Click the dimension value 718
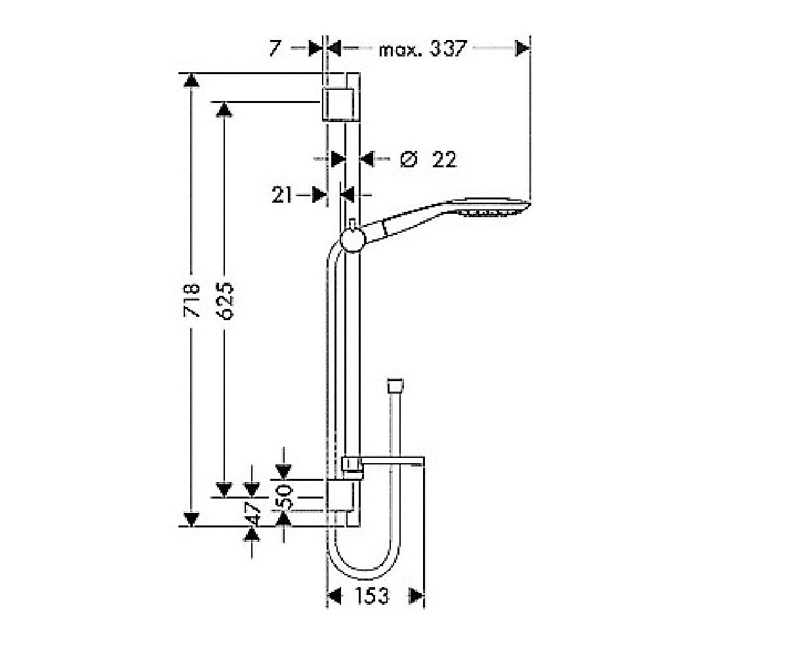coord(192,300)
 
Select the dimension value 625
coord(225,300)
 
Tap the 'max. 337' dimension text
coord(423,49)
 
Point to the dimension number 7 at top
coord(275,49)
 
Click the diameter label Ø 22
coord(428,159)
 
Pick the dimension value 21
coord(281,195)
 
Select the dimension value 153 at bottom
coord(371,596)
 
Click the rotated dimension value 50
coord(285,497)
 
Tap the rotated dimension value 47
coord(252,513)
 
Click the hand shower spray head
coord(490,207)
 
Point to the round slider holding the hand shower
coord(353,239)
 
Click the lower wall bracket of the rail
coord(339,496)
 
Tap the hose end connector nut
coord(395,385)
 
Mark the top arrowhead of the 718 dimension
coord(192,80)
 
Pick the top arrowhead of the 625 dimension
coord(225,110)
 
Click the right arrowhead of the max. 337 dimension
coord(523,49)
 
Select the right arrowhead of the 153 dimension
coord(417,596)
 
